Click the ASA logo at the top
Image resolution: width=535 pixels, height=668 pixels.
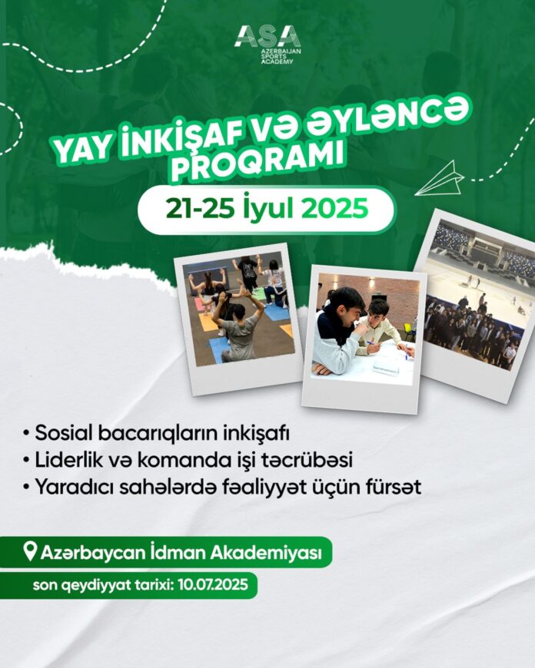pyautogui.click(x=268, y=45)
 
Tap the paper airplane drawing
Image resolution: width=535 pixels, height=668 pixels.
pyautogui.click(x=440, y=178)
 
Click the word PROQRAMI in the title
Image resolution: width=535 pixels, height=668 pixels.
pyautogui.click(x=258, y=161)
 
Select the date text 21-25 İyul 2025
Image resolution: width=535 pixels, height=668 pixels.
pyautogui.click(x=267, y=209)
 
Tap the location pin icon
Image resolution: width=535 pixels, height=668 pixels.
pyautogui.click(x=29, y=551)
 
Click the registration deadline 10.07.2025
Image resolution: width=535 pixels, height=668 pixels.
pyautogui.click(x=214, y=584)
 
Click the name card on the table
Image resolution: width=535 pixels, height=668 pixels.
pyautogui.click(x=386, y=370)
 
